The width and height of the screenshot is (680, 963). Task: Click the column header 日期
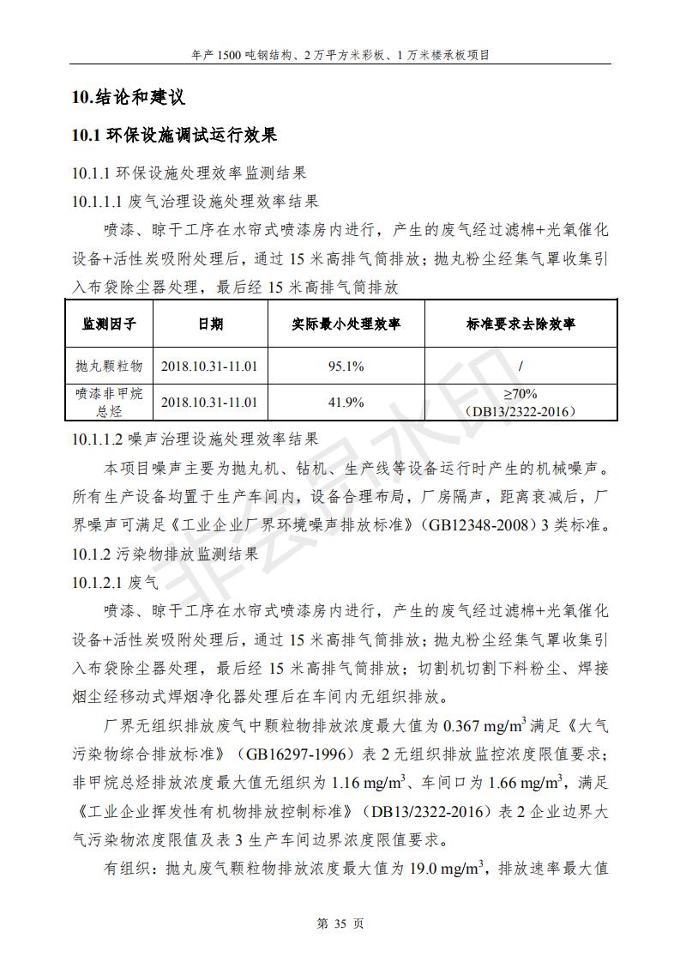pyautogui.click(x=209, y=324)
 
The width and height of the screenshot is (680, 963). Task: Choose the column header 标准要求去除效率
pyautogui.click(x=521, y=324)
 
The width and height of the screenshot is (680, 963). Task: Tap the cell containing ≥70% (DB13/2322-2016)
pyautogui.click(x=521, y=402)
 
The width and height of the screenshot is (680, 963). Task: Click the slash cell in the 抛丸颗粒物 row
pyautogui.click(x=521, y=366)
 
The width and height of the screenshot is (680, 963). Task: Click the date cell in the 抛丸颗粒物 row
pyautogui.click(x=209, y=366)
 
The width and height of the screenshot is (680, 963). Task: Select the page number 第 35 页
pyautogui.click(x=340, y=924)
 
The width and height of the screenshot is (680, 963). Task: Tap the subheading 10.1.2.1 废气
pyautogui.click(x=116, y=582)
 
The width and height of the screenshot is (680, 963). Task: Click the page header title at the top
pyautogui.click(x=340, y=54)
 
